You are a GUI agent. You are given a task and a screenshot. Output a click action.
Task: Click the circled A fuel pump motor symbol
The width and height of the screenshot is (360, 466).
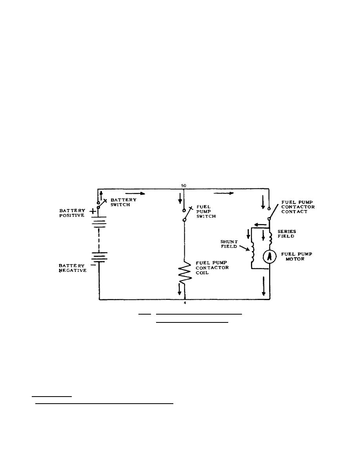270,256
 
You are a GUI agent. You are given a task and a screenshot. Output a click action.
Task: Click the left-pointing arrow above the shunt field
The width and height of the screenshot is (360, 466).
259,225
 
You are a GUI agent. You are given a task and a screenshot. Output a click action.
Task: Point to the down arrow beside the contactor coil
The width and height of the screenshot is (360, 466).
180,289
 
